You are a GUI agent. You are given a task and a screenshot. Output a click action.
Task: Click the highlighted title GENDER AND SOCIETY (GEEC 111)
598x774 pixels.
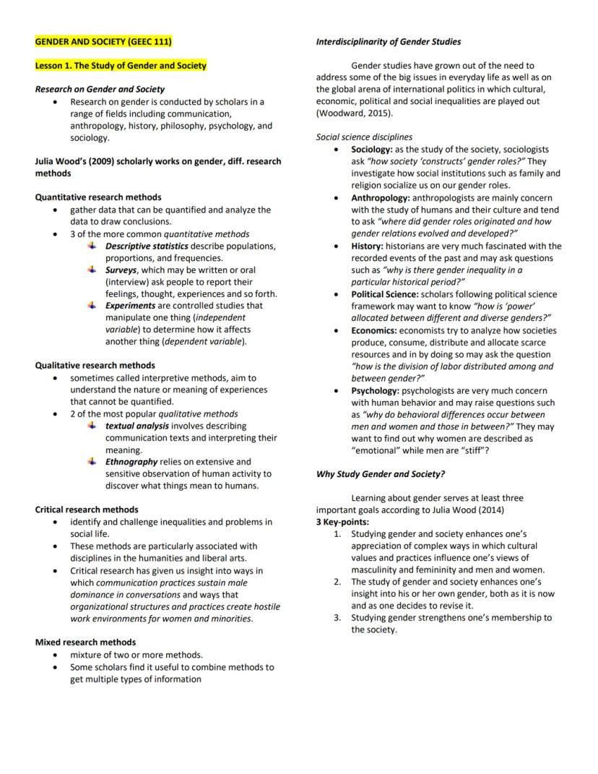104,42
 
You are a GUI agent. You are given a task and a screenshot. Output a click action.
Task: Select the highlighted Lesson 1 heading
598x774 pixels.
121,66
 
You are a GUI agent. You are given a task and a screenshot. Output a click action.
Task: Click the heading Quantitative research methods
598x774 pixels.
98,197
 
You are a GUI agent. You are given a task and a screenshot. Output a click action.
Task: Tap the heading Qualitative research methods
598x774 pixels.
95,365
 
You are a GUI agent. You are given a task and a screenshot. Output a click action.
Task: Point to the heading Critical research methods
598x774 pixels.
87,509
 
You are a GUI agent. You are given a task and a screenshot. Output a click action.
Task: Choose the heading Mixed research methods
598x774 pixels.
85,642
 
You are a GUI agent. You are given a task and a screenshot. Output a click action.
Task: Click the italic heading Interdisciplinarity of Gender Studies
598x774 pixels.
389,42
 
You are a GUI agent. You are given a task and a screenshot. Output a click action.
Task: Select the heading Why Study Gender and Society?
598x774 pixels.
381,474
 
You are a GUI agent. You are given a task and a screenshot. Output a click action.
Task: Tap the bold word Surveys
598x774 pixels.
121,270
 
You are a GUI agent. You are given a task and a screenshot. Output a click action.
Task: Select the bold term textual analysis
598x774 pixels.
137,426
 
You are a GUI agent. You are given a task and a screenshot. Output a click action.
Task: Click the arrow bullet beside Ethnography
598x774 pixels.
92,461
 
